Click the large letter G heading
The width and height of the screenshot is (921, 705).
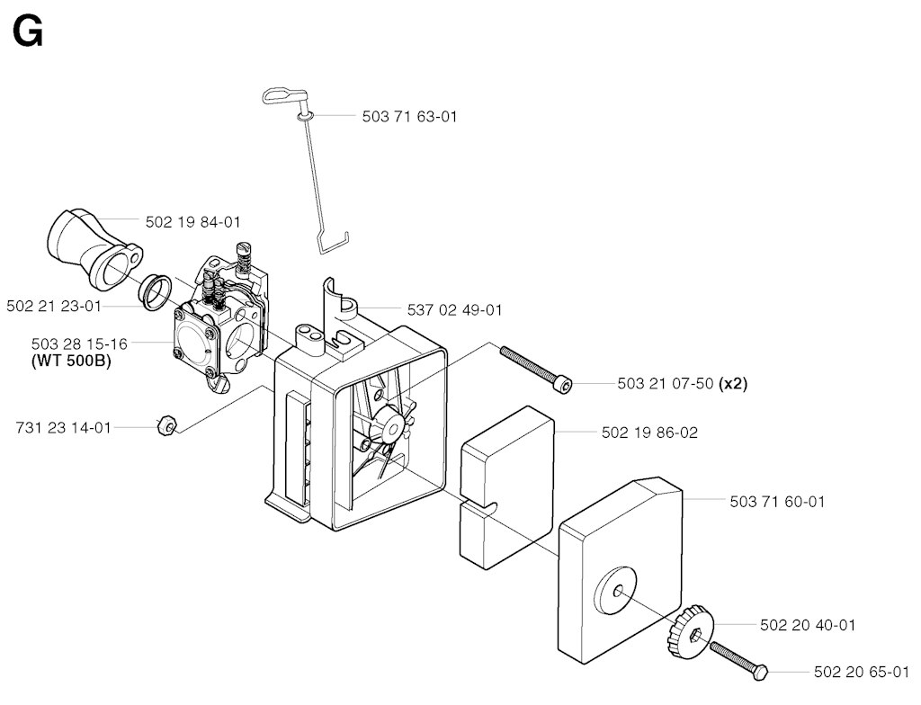tap(28, 31)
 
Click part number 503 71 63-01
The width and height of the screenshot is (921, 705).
tap(409, 116)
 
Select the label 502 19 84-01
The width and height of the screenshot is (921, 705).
tap(192, 222)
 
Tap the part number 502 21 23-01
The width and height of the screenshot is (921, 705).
tap(53, 306)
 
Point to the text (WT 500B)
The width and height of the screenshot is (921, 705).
tap(71, 360)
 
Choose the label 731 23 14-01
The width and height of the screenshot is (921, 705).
tap(64, 428)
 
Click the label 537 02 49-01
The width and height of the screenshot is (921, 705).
tap(454, 309)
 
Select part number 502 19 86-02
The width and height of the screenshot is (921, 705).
tap(649, 433)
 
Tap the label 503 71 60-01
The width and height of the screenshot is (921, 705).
tap(777, 502)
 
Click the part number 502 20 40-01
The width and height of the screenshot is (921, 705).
tap(808, 625)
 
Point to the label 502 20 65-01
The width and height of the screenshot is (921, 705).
tap(862, 672)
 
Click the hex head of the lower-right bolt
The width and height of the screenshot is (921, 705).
tap(760, 673)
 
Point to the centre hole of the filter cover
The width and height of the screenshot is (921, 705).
tap(617, 592)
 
